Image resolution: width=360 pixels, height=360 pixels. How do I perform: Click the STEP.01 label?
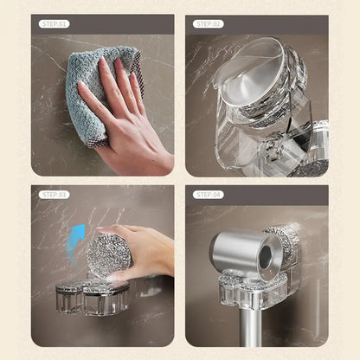[53, 24]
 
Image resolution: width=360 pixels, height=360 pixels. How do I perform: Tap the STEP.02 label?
[207, 24]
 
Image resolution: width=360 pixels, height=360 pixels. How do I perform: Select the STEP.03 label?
[53, 195]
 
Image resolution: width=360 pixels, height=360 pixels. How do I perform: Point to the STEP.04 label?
[207, 195]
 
